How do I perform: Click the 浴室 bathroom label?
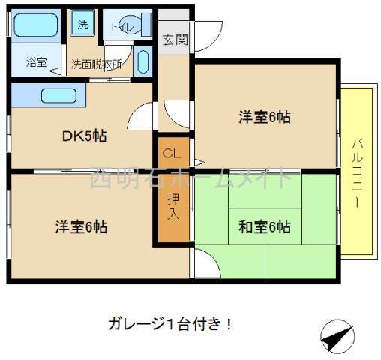coord(35,62)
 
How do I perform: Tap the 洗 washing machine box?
coord(82,24)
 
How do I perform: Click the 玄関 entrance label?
coord(175,40)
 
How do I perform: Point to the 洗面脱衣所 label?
coord(97,64)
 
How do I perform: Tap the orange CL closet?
coord(172,154)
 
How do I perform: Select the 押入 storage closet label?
coord(172,205)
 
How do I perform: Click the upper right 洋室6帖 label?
coord(265,117)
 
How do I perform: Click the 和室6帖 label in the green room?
coord(265,226)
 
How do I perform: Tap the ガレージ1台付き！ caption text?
coord(168,325)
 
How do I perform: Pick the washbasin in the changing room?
coord(145,61)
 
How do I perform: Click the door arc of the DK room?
coord(141,118)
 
